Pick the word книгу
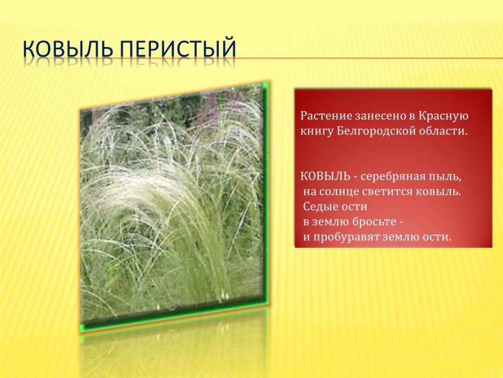(x=316, y=132)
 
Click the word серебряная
(x=390, y=177)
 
